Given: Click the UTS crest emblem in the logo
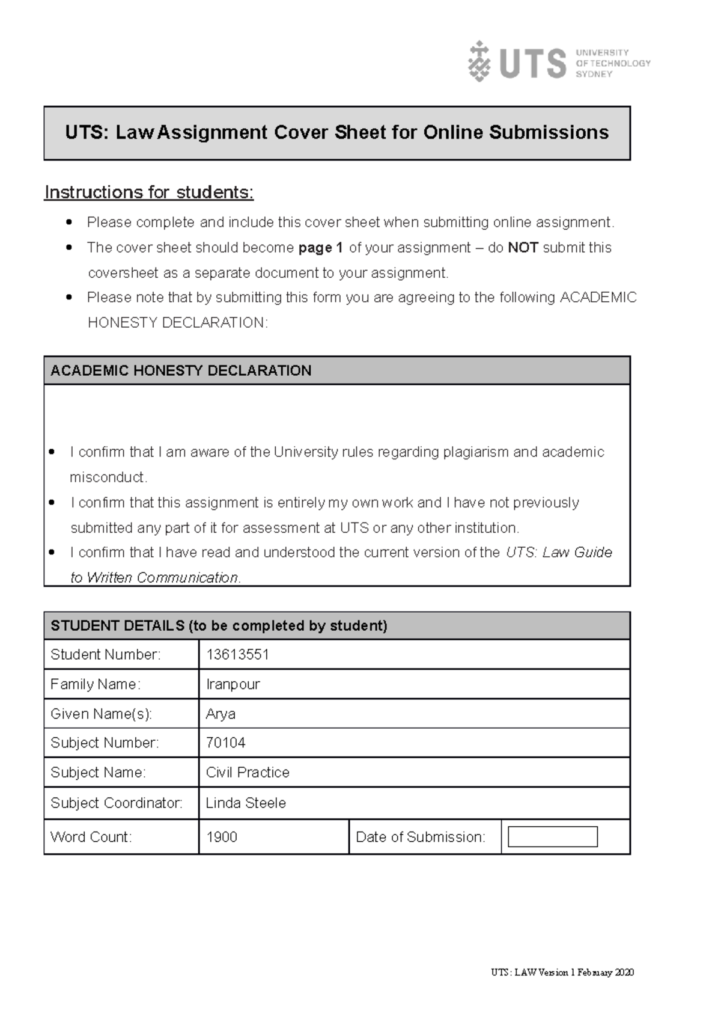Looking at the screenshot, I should (479, 61).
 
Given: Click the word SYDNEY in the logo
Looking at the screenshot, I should (594, 74).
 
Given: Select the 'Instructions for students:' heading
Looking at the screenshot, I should (149, 192).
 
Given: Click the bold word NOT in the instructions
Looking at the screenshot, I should (523, 248).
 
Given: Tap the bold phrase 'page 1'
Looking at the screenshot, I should (320, 248).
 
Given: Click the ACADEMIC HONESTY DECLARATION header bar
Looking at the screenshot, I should (336, 370).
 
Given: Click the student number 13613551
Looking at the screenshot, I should (237, 655).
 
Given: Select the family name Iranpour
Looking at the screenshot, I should (233, 684).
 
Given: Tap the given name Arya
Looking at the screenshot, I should (221, 714).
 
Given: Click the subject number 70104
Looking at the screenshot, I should (225, 743).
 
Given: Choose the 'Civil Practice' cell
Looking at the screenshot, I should (248, 773).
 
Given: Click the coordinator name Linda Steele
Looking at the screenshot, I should (246, 803).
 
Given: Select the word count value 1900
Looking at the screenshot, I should (222, 837).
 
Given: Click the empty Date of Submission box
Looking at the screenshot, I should (552, 837).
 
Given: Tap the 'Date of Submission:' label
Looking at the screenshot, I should (420, 837).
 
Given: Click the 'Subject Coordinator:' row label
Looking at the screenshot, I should (117, 803).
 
